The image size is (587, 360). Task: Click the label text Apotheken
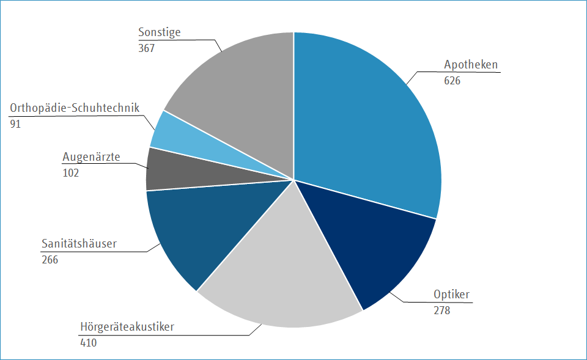[471, 65]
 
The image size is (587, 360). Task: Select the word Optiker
[451, 295]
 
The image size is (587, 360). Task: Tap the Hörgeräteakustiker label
[127, 326]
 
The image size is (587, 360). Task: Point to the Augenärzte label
[91, 157]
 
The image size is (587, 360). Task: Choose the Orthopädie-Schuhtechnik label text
[75, 108]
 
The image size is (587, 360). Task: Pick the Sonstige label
[160, 32]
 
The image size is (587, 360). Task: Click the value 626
[452, 80]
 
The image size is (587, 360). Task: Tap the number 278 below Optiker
[442, 310]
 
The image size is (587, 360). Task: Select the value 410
[89, 342]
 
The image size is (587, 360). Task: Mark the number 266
[50, 260]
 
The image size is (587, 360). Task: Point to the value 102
[71, 173]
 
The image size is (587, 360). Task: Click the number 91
[15, 124]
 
